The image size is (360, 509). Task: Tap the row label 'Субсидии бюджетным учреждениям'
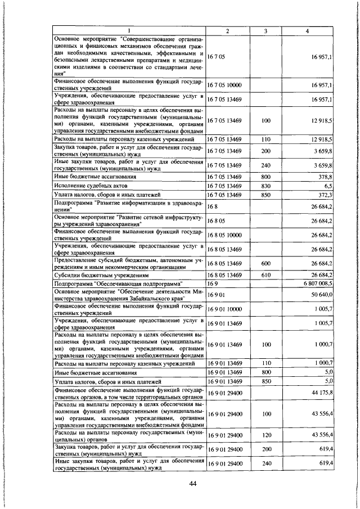(x=96, y=274)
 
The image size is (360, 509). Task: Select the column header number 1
(x=128, y=30)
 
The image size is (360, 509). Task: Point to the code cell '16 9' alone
(x=212, y=284)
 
